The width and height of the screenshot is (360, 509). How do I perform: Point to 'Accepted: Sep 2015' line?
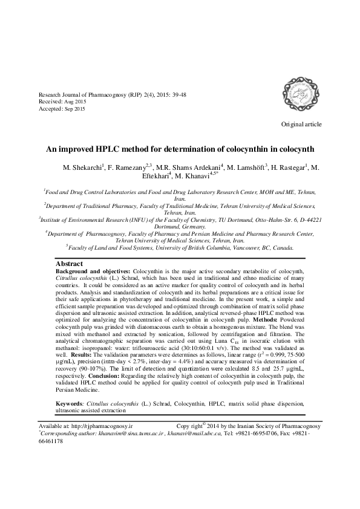click(62, 109)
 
